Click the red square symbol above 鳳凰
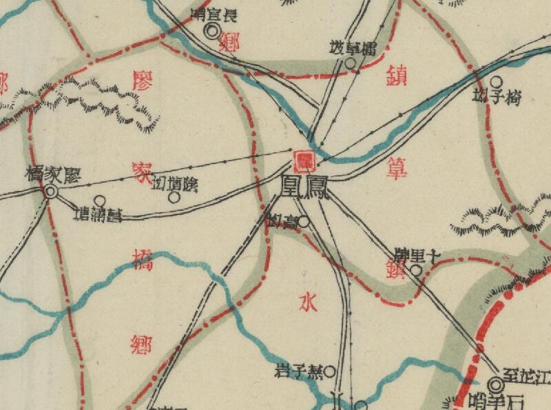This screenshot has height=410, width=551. click(x=304, y=161)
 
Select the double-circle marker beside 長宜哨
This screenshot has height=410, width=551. click(x=213, y=30)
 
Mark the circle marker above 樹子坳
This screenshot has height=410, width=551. click(x=495, y=81)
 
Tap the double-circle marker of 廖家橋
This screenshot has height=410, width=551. click(x=50, y=193)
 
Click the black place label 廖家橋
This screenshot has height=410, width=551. click(x=53, y=175)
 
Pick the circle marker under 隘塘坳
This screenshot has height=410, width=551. click(x=174, y=197)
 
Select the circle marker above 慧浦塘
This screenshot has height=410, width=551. click(x=100, y=201)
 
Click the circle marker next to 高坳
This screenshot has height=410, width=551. click(x=304, y=223)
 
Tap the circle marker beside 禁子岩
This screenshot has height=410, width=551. click(x=329, y=372)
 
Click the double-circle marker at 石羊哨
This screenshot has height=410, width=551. click(x=496, y=384)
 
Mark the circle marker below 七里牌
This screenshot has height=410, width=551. click(x=416, y=270)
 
